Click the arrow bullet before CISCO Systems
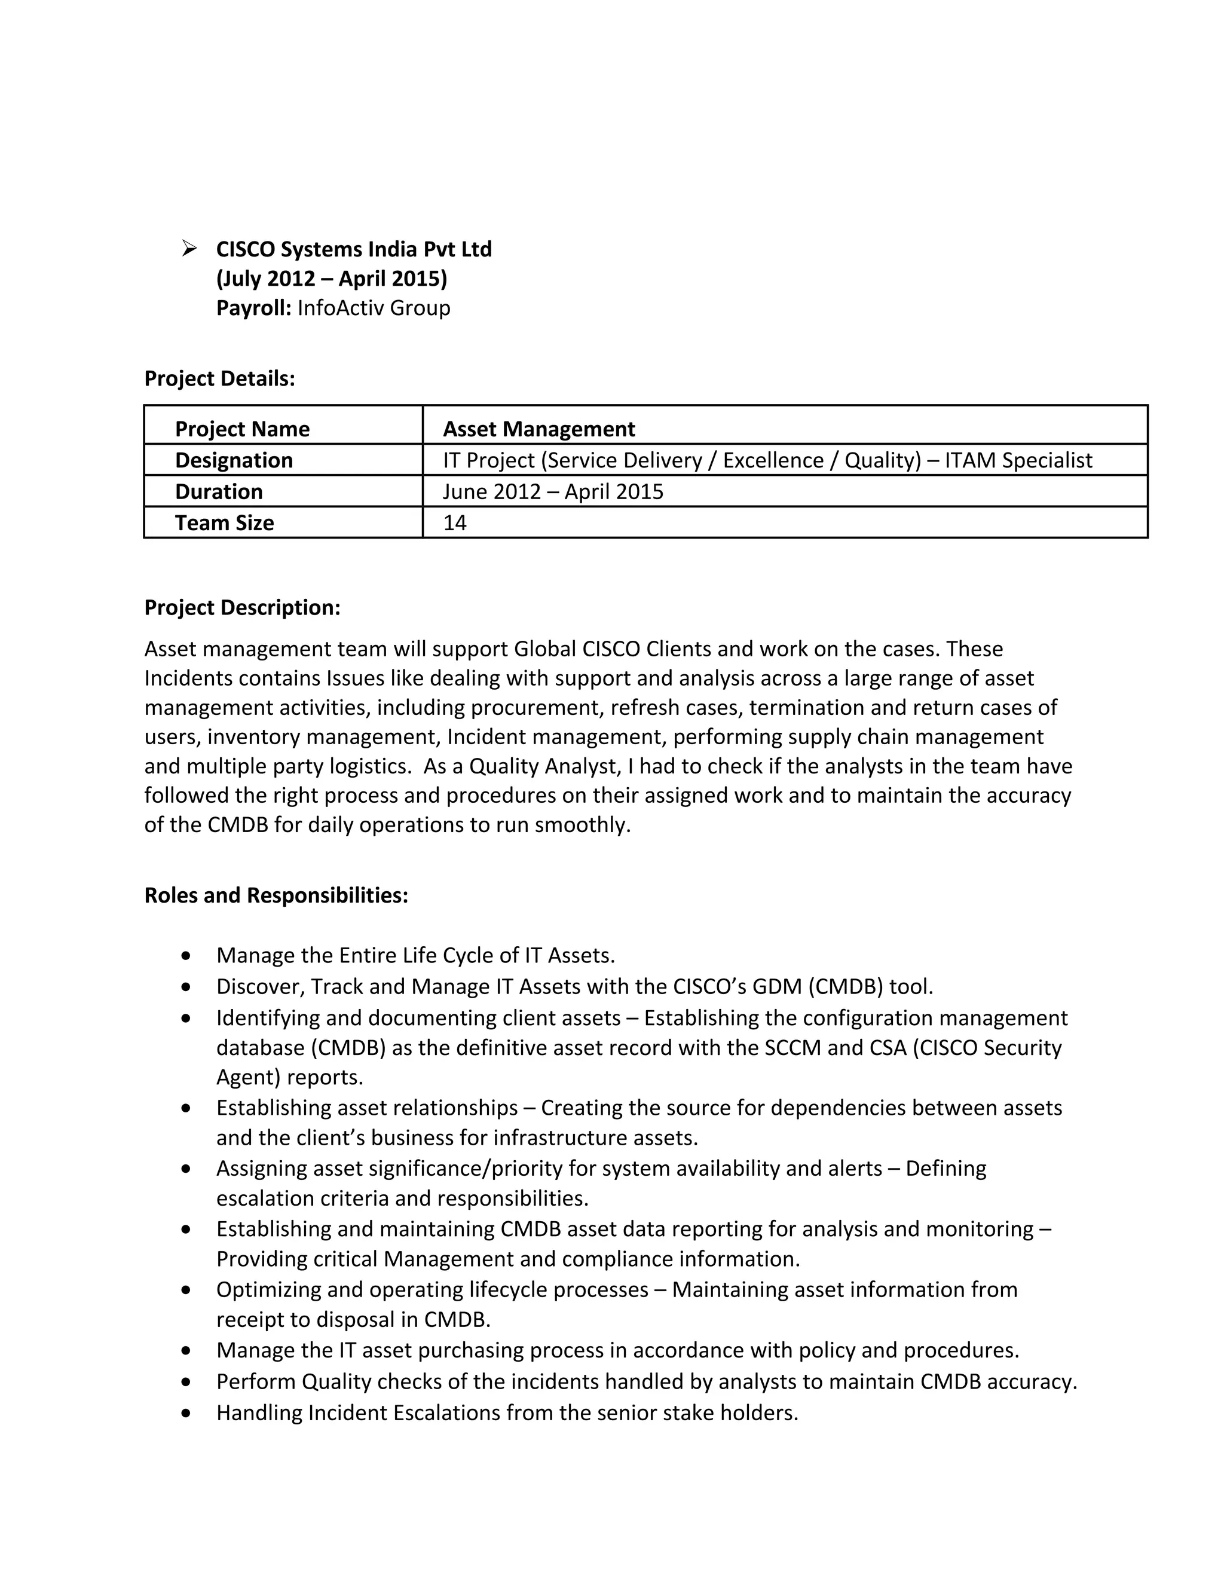click(x=189, y=249)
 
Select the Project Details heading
click(x=220, y=378)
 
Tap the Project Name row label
click(x=242, y=429)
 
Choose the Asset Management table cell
click(x=538, y=429)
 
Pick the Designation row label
click(x=234, y=460)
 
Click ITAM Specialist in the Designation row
click(x=1018, y=460)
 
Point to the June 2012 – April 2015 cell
click(x=553, y=492)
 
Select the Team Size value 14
click(x=455, y=523)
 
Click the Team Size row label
click(x=224, y=523)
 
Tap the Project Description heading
click(x=242, y=608)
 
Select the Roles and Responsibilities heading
click(x=276, y=895)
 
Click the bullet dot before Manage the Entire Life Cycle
click(x=187, y=956)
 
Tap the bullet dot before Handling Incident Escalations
click(x=187, y=1413)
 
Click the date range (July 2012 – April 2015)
click(x=331, y=279)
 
